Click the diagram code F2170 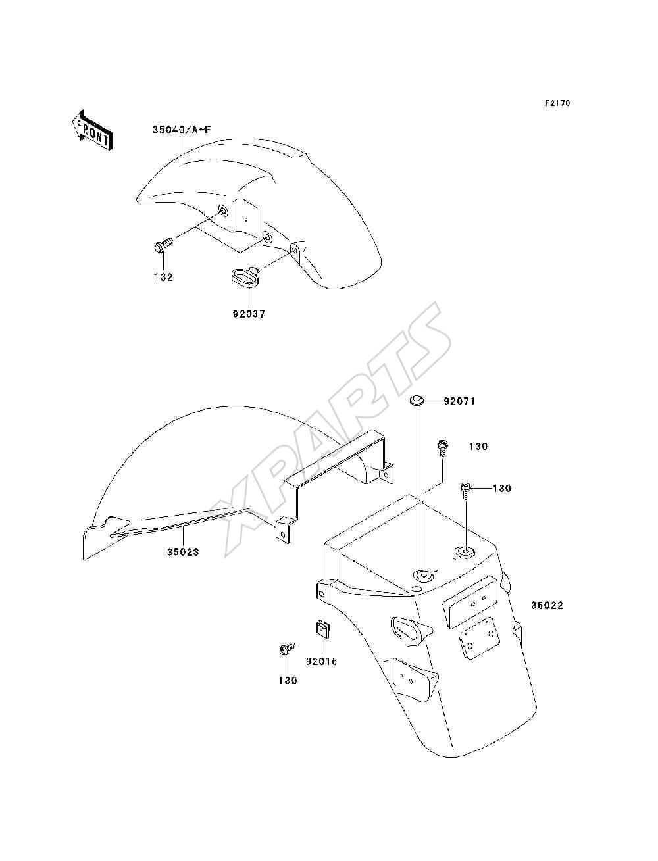point(557,103)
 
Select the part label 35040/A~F point(181,130)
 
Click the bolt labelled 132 point(163,247)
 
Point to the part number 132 point(163,277)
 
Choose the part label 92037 point(249,314)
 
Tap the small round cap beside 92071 point(417,401)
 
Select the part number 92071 point(459,401)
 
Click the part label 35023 point(183,552)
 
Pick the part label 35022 point(547,605)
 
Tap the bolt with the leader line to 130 point(465,491)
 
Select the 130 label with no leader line point(478,447)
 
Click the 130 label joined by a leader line point(502,488)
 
